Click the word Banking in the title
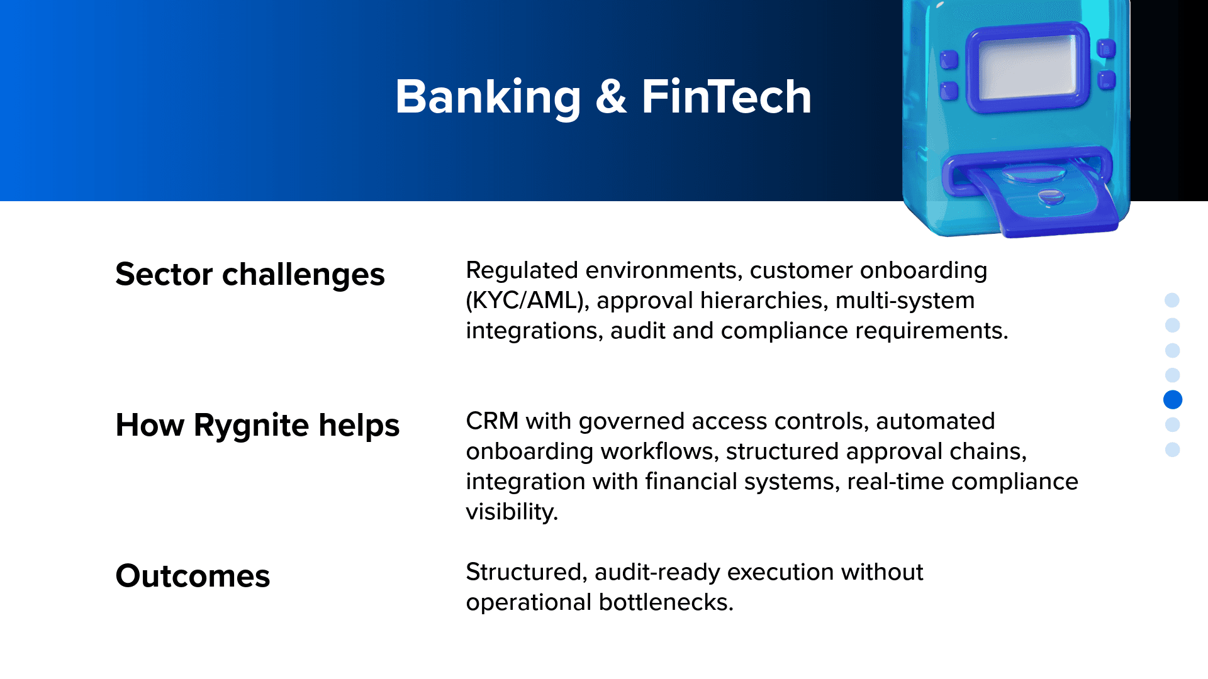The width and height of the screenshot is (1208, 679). click(x=488, y=97)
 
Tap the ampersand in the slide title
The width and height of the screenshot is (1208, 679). click(x=611, y=97)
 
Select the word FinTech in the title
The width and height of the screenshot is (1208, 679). click(x=727, y=97)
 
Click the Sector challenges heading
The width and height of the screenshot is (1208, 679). click(x=250, y=275)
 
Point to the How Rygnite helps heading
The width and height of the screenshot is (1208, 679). click(x=257, y=426)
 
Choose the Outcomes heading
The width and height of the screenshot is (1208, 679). click(x=193, y=576)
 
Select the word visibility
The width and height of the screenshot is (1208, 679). click(x=512, y=512)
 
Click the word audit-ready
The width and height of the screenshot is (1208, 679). click(x=657, y=573)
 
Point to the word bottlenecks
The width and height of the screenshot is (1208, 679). click(x=666, y=602)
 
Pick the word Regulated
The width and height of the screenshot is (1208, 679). click(x=522, y=271)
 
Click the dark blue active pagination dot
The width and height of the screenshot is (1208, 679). click(x=1173, y=400)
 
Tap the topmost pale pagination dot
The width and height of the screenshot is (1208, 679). click(x=1172, y=300)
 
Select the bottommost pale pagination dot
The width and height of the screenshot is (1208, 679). click(x=1172, y=450)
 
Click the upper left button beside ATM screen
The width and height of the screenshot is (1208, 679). click(x=949, y=60)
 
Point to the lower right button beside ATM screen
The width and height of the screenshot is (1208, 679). click(x=1106, y=80)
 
